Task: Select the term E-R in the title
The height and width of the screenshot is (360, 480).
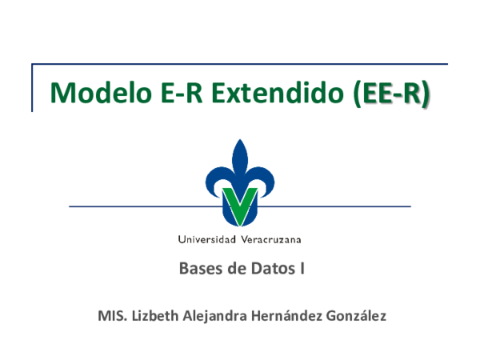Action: pos(166,94)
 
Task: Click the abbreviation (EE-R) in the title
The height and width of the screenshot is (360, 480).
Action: pos(391,94)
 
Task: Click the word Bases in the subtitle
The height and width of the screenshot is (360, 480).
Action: pos(202,269)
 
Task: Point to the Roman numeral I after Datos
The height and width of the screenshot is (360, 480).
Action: pos(302,269)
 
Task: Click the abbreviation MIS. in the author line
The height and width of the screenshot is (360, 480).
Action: pos(110,316)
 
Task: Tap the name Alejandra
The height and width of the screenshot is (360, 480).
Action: pos(216,316)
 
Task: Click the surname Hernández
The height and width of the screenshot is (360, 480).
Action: pos(288,316)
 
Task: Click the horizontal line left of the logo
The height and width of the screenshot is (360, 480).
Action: pos(136,206)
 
